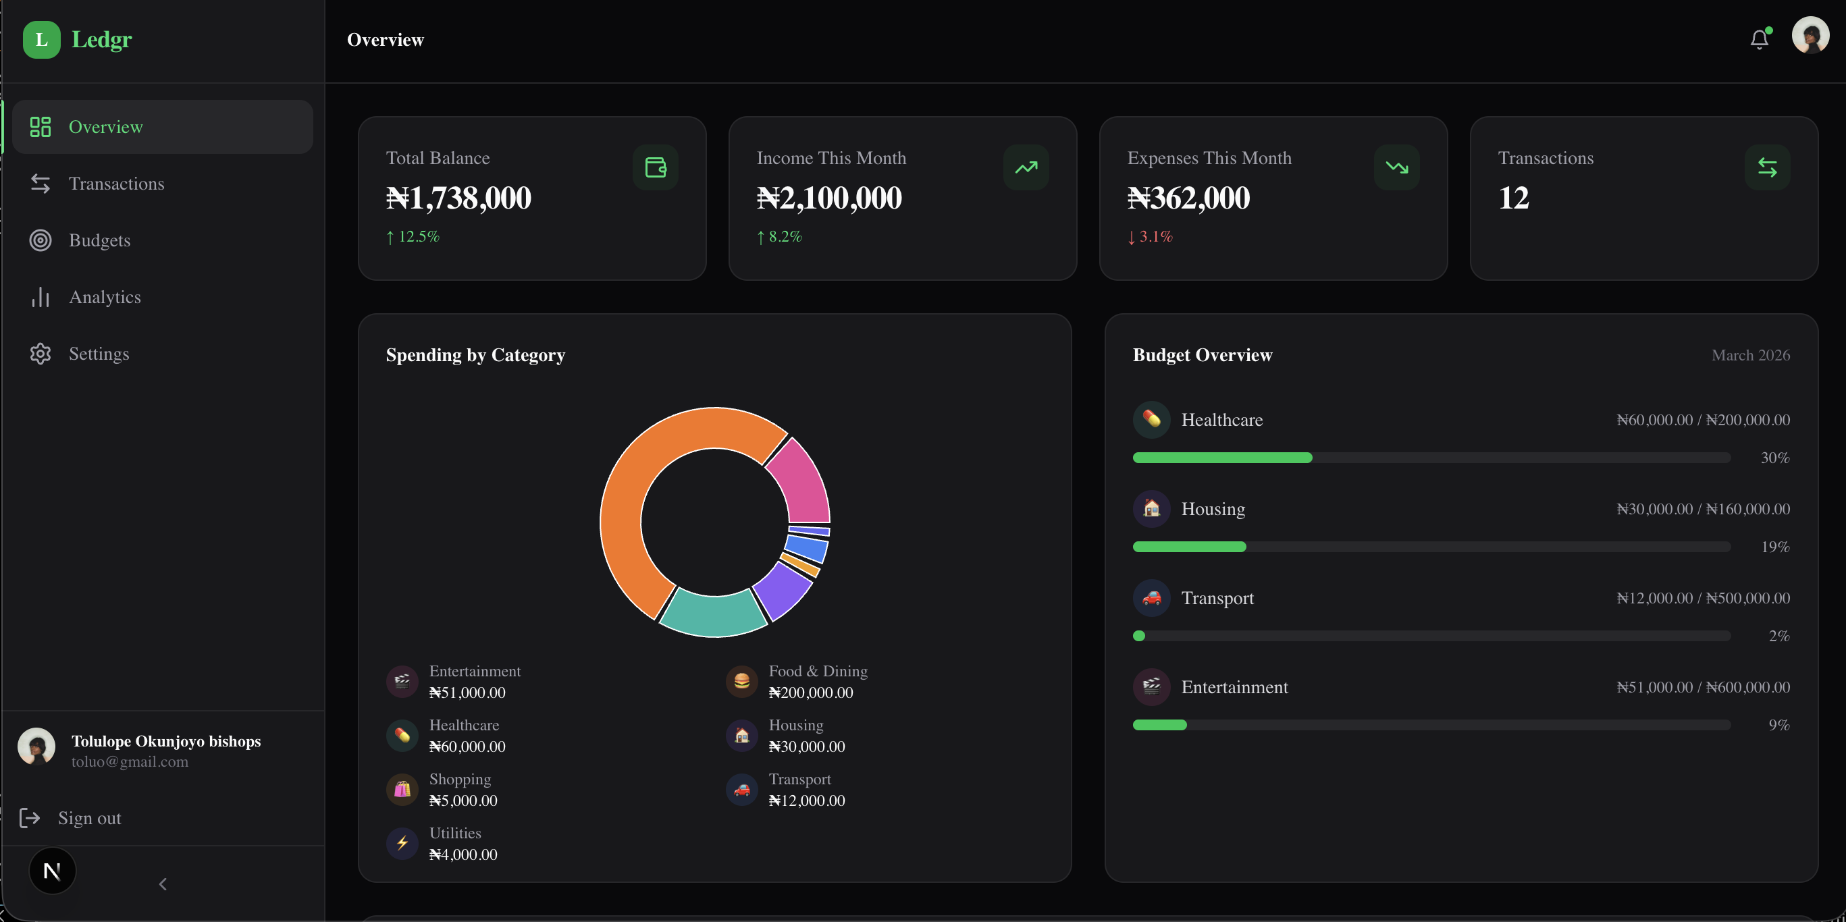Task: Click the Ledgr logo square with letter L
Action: [42, 39]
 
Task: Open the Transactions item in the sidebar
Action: [116, 184]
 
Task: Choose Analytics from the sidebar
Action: [105, 296]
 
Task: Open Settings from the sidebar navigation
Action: [99, 353]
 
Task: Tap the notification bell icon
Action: [1760, 38]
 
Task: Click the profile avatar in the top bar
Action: [1810, 35]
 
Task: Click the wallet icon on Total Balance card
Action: [656, 167]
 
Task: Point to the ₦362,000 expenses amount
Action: [1189, 198]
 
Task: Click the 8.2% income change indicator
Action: [780, 236]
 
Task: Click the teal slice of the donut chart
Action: [712, 614]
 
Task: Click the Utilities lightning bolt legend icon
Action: [402, 843]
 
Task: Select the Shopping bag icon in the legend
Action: [402, 790]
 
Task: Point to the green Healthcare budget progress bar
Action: [1222, 458]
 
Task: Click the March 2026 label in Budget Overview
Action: [1750, 355]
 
